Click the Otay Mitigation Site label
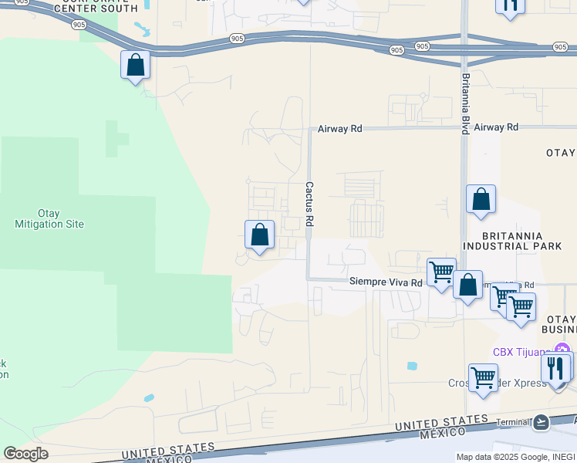pyautogui.click(x=49, y=218)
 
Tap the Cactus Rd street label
pyautogui.click(x=309, y=204)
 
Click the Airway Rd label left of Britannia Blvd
pyautogui.click(x=340, y=129)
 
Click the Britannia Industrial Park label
pyautogui.click(x=513, y=241)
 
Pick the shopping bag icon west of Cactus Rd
pyautogui.click(x=260, y=235)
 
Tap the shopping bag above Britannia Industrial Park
pyautogui.click(x=481, y=199)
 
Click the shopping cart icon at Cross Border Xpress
pyautogui.click(x=483, y=378)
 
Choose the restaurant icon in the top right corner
pyautogui.click(x=510, y=5)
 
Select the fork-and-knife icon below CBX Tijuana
pyautogui.click(x=555, y=368)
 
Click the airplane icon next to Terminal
pyautogui.click(x=541, y=422)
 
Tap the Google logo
pyautogui.click(x=25, y=454)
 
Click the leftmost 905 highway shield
pyautogui.click(x=79, y=25)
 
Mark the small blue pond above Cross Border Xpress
pyautogui.click(x=411, y=365)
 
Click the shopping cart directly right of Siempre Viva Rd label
pyautogui.click(x=441, y=272)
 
